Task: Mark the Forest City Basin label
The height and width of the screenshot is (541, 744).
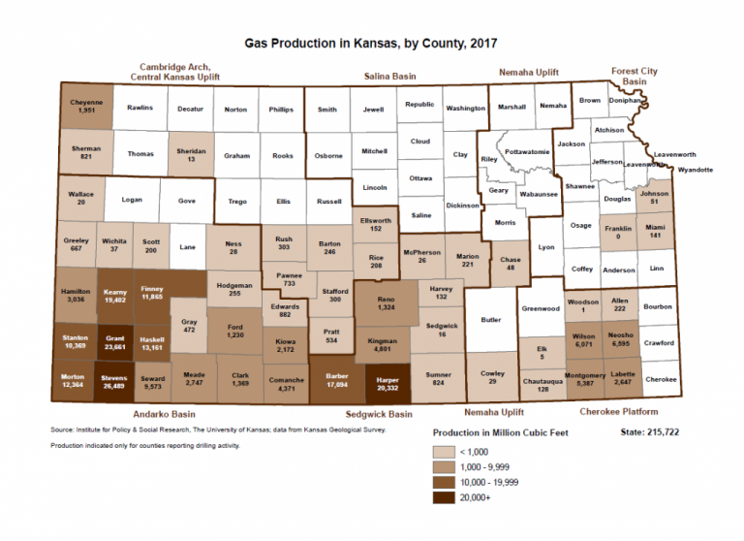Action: [x=635, y=76]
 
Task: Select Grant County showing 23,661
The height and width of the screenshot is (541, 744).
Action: [x=115, y=341]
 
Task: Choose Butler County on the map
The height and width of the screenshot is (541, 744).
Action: [x=489, y=318]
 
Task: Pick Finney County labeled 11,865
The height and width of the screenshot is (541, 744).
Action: [x=152, y=292]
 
